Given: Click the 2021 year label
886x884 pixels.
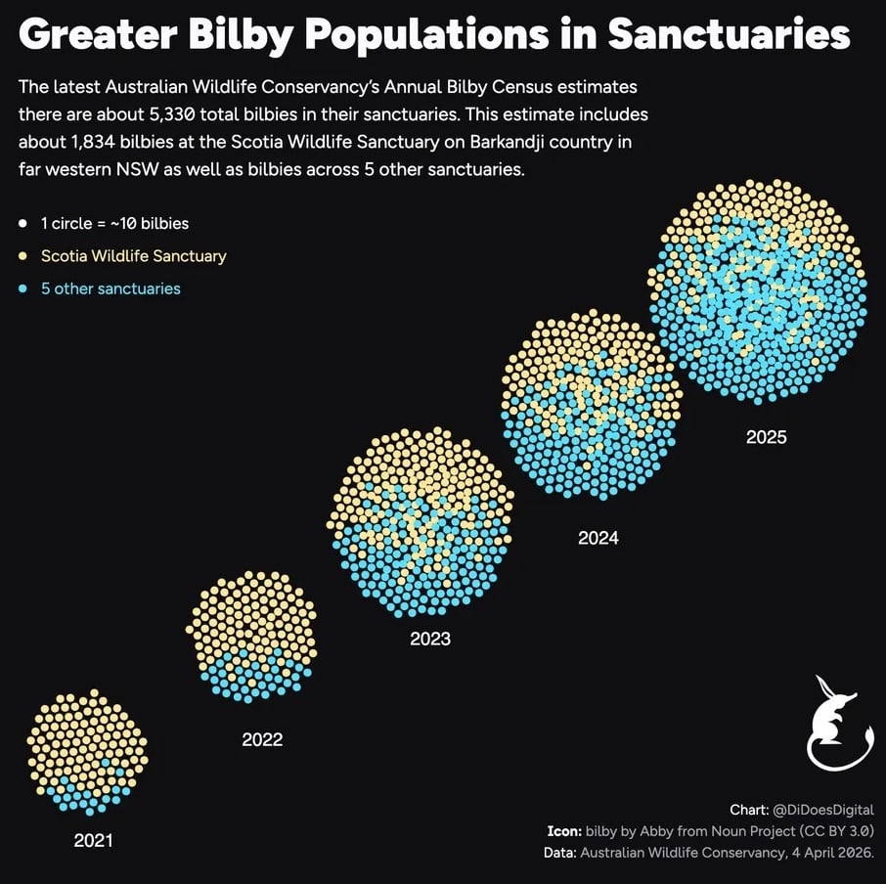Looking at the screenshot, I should [93, 840].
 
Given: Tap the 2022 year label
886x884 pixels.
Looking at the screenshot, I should [262, 739].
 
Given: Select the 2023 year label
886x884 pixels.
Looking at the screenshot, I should [430, 640].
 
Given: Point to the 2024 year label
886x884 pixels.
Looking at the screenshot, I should [598, 538].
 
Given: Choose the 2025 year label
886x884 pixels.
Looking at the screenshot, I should [766, 437].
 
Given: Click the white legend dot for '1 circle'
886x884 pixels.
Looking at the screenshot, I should [22, 224].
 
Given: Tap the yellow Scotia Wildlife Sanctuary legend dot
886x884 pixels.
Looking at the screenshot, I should [22, 256].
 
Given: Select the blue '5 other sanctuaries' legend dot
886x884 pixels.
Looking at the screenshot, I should [22, 289].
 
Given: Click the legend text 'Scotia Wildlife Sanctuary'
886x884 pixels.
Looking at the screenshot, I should [133, 256].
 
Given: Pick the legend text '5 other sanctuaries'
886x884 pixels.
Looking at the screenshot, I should [111, 289].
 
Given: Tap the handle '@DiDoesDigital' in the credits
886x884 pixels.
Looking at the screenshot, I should [822, 811].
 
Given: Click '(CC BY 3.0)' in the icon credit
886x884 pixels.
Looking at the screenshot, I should [836, 831].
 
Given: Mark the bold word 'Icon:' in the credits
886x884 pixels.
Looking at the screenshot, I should [563, 831].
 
